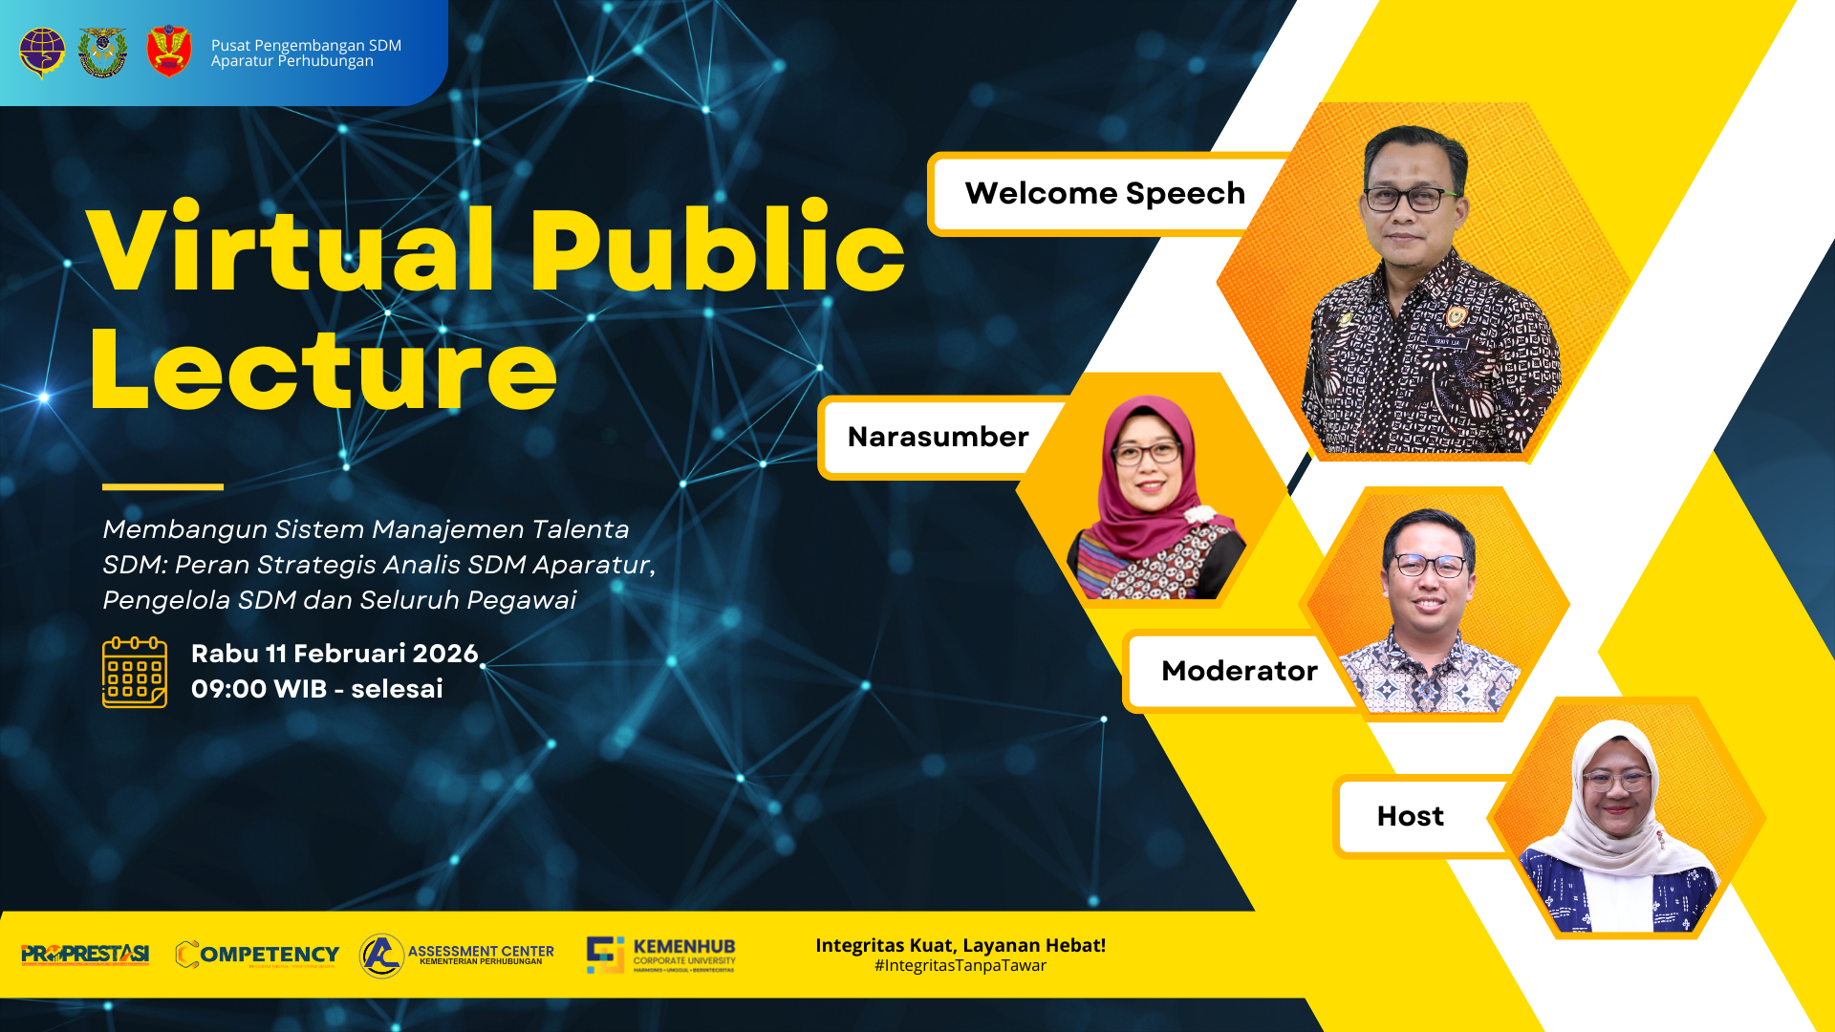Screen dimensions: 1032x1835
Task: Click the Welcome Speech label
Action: click(1105, 193)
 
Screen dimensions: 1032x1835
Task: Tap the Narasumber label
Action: click(938, 437)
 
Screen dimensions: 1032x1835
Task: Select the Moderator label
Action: click(1239, 671)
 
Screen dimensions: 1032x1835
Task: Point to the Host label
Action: click(1410, 816)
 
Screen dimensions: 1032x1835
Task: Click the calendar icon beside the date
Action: click(135, 673)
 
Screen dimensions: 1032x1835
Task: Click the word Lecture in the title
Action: click(323, 371)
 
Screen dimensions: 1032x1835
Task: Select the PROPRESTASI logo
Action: click(85, 954)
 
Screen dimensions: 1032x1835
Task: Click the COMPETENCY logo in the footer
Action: click(257, 954)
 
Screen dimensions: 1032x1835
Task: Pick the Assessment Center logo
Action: click(457, 955)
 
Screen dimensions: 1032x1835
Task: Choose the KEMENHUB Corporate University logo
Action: click(661, 955)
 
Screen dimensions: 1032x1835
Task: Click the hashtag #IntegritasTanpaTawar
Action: click(960, 966)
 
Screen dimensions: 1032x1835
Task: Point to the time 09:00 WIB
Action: click(258, 689)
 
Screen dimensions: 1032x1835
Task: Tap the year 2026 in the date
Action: click(444, 654)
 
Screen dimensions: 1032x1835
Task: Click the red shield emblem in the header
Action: click(169, 52)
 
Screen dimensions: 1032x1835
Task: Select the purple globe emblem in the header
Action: click(42, 52)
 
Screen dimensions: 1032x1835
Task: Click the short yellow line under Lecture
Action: click(162, 487)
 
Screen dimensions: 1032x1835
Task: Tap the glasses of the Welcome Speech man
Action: click(1405, 200)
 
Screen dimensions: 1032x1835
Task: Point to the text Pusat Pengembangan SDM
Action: click(306, 45)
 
